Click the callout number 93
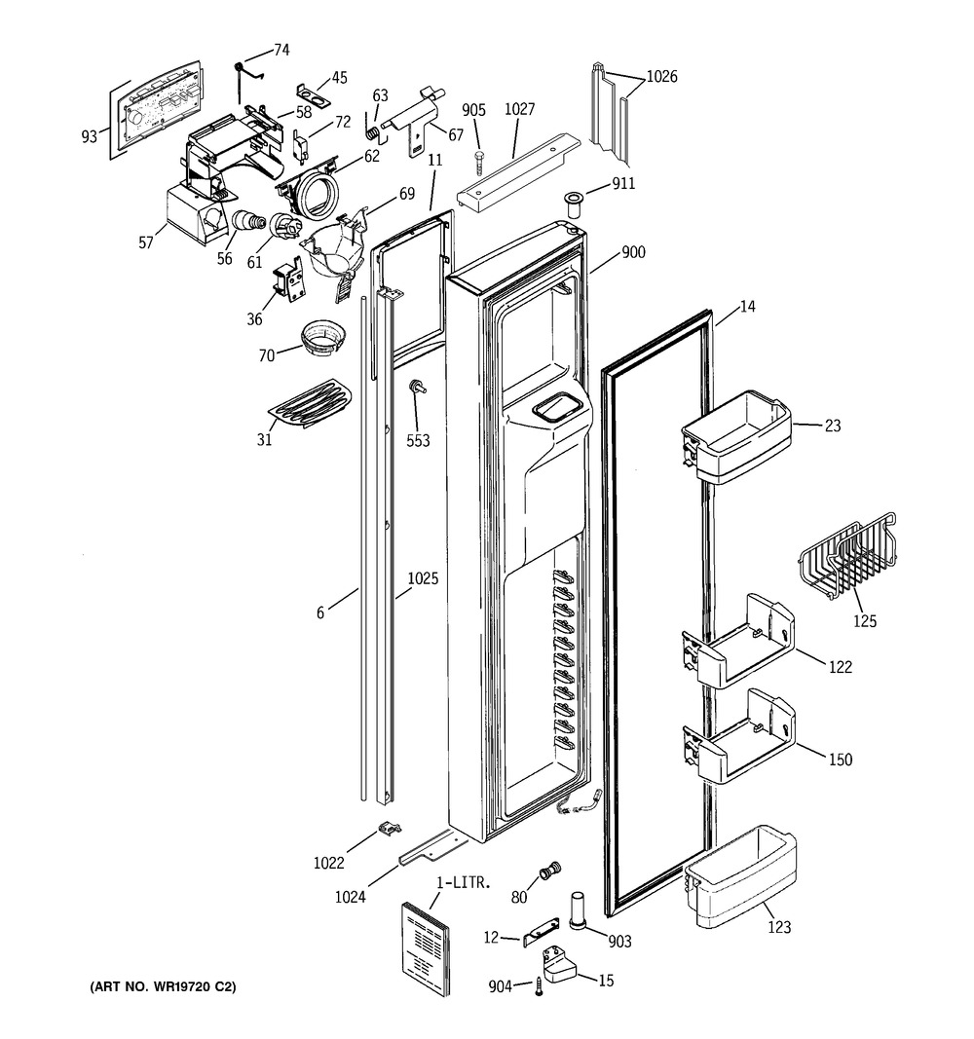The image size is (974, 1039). tap(90, 136)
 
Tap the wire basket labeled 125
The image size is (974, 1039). tap(848, 557)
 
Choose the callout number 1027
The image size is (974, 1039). tap(519, 109)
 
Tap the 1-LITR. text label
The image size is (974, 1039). tap(464, 882)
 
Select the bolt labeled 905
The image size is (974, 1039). tap(479, 163)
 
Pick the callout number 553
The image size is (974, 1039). tap(418, 440)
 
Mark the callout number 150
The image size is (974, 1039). tap(841, 760)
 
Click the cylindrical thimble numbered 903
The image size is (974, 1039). tap(578, 910)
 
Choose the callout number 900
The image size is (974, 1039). tap(633, 252)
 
